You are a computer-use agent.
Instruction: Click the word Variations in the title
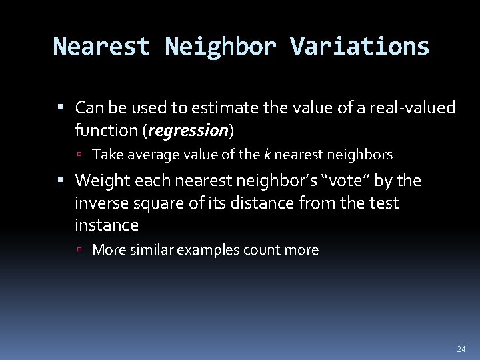(x=364, y=46)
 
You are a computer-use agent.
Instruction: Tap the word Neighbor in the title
(x=219, y=46)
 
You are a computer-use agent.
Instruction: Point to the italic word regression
(x=189, y=130)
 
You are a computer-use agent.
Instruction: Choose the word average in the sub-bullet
(x=147, y=155)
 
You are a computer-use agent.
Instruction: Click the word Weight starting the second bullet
(x=99, y=181)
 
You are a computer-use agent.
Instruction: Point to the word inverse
(x=102, y=203)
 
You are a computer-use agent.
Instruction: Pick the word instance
(x=107, y=225)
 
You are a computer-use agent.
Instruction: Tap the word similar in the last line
(x=150, y=250)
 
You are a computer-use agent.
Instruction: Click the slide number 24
(x=461, y=347)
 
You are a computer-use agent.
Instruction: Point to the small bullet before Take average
(x=79, y=155)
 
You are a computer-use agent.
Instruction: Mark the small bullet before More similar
(x=79, y=251)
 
